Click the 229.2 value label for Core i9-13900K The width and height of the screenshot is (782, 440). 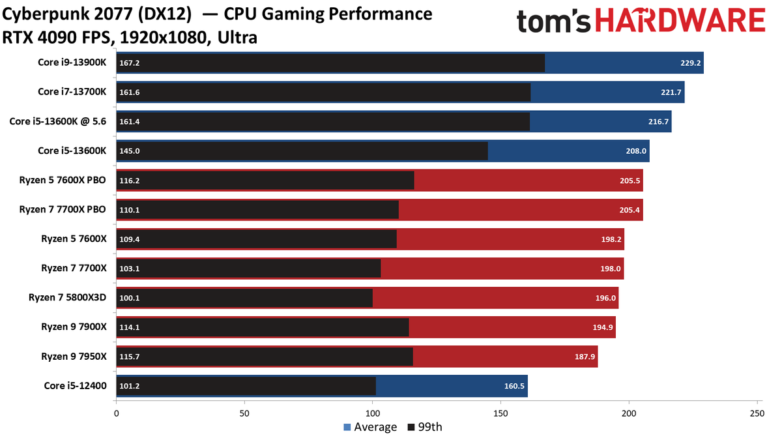[690, 63]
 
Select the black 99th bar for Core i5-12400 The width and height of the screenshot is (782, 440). [246, 386]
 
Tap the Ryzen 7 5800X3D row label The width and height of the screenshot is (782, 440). [67, 297]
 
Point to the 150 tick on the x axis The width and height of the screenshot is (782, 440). [500, 413]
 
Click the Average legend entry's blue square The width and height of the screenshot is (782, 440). [347, 427]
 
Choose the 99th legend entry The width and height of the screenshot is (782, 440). [425, 427]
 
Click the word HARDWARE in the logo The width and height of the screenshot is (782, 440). [680, 21]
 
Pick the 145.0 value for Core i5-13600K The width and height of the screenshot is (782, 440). [130, 151]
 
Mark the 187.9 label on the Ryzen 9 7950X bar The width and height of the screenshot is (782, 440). [585, 357]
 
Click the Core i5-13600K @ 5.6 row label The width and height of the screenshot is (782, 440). [57, 121]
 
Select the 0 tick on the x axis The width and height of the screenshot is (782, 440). [116, 413]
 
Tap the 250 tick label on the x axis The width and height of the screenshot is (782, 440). [757, 413]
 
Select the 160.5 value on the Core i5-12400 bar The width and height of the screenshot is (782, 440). [514, 386]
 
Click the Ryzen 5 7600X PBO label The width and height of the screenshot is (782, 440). [63, 180]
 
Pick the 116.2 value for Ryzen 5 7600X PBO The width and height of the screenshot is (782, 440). [130, 181]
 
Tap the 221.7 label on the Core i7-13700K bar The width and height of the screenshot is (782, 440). [671, 92]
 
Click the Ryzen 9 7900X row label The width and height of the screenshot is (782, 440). [74, 327]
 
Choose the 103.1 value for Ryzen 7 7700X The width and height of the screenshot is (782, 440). [130, 269]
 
